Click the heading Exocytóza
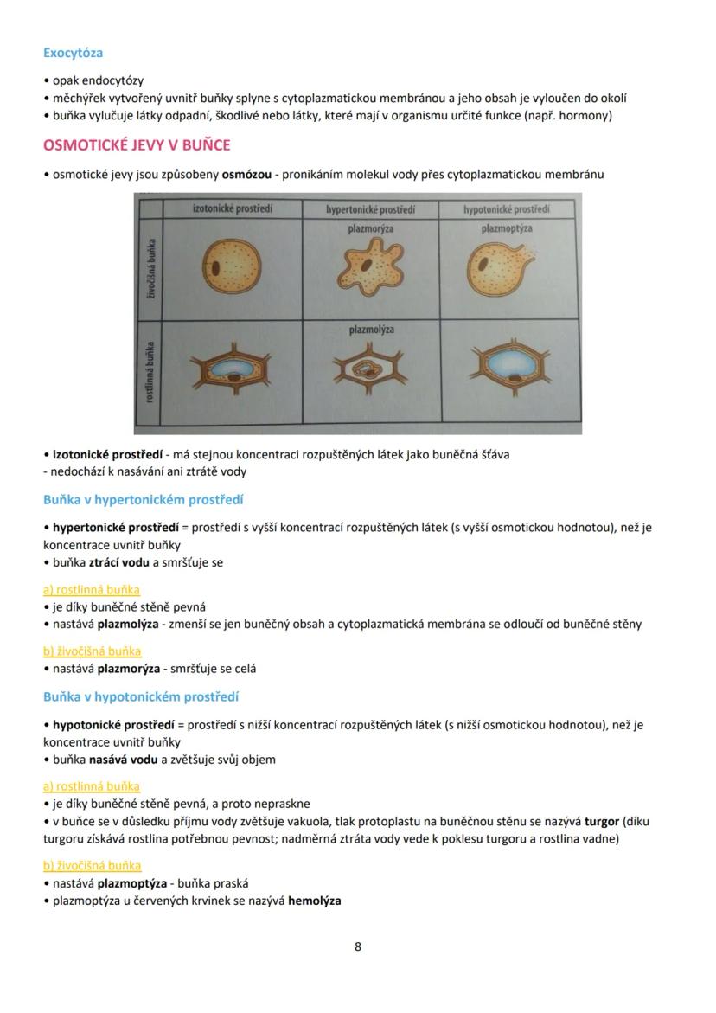[x=74, y=53]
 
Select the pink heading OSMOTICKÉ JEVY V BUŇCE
[x=137, y=144]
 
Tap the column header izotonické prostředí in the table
[x=232, y=208]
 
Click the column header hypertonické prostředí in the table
[x=370, y=209]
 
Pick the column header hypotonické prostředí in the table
[x=507, y=209]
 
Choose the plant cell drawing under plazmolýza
[x=371, y=373]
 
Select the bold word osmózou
[x=247, y=175]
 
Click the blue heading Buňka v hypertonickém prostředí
[x=144, y=500]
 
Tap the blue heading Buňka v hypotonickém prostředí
[x=141, y=697]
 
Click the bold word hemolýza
[x=314, y=901]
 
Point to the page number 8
[x=358, y=946]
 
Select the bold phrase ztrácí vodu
[x=120, y=562]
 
